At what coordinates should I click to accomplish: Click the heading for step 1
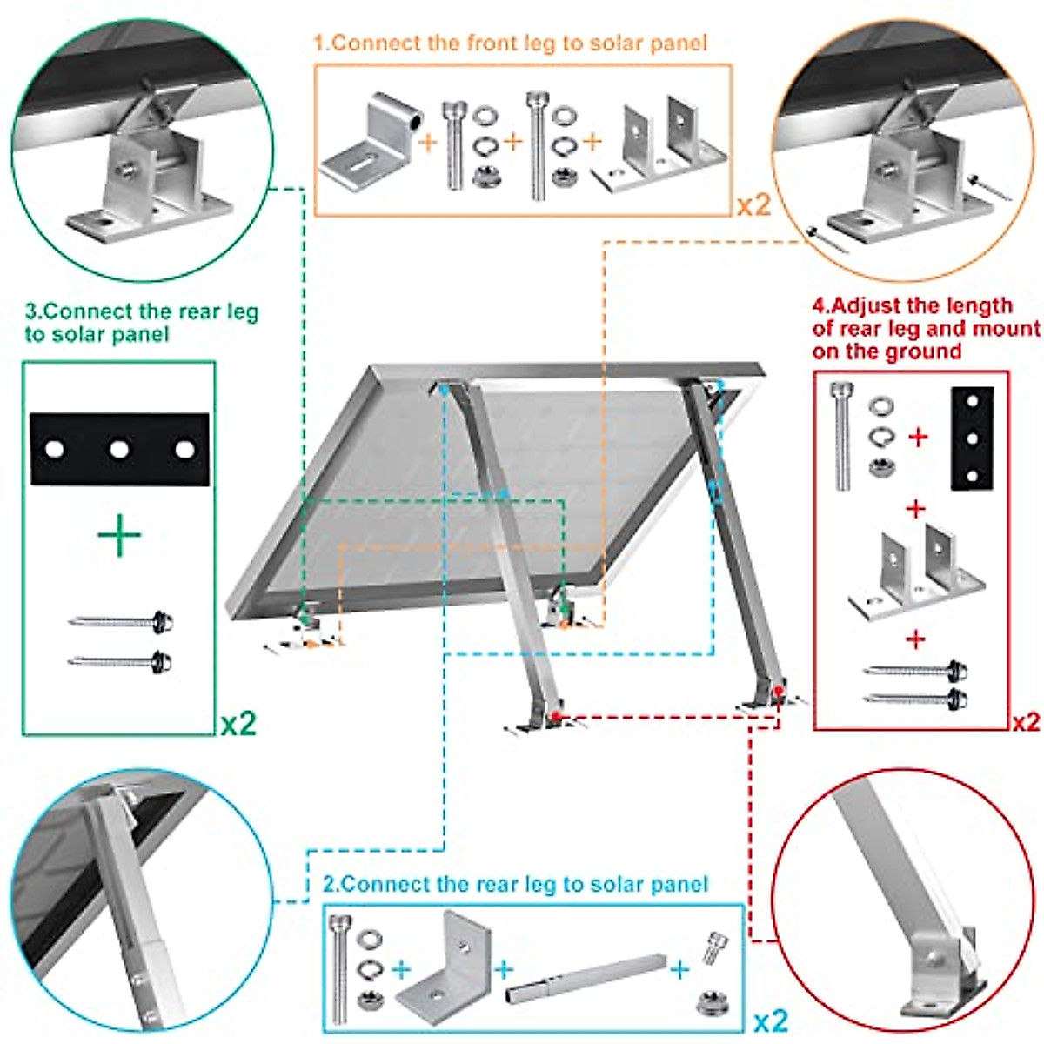511,43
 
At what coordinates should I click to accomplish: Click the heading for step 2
516,885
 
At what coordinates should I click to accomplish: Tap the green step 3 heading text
141,323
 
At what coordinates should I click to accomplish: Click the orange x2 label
753,206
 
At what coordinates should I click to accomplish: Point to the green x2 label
238,724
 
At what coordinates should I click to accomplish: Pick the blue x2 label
770,1020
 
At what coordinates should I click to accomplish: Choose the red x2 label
1027,722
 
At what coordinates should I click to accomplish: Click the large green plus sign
119,536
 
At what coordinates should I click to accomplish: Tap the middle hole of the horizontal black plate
119,450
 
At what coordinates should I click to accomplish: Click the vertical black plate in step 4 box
972,438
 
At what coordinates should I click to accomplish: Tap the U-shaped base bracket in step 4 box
916,574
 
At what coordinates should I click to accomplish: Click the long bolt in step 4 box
842,435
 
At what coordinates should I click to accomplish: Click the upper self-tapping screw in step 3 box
122,621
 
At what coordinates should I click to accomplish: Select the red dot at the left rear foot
556,717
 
